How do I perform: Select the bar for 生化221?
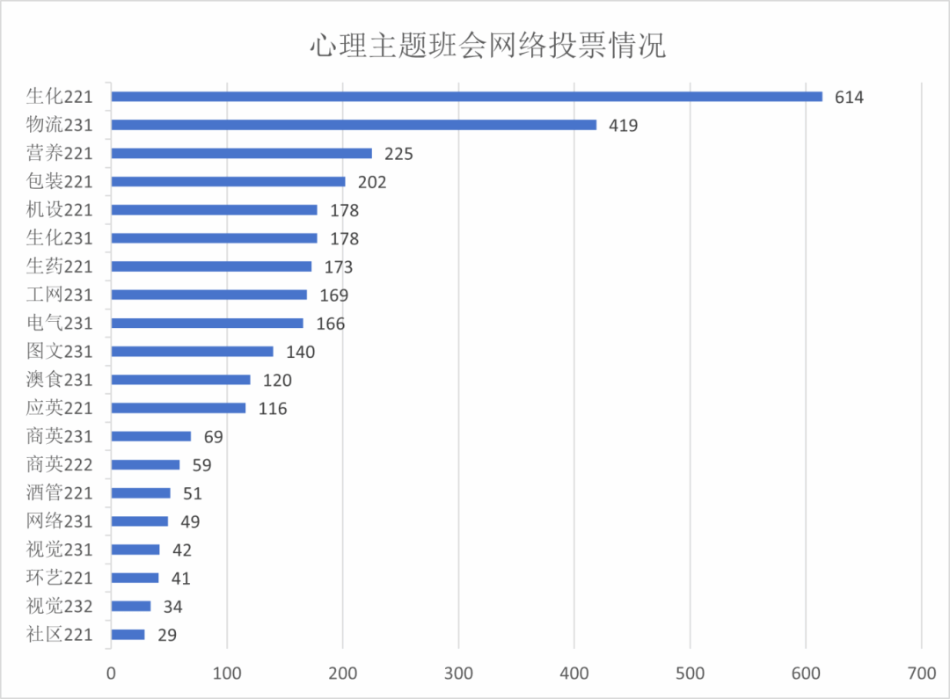pos(466,97)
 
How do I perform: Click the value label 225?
pos(398,154)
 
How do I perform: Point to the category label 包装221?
pos(58,182)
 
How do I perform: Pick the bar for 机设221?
pos(214,210)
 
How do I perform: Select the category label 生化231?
pos(58,238)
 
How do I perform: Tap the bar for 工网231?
pos(209,295)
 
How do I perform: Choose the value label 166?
pos(330,324)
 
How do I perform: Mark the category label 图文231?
pos(58,352)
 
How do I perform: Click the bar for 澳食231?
pos(180,380)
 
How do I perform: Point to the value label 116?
pos(273,408)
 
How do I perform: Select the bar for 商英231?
pos(151,436)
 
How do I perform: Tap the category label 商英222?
pos(58,464)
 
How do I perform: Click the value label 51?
pos(193,493)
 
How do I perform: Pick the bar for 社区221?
pos(128,634)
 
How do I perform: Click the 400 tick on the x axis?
pos(574,674)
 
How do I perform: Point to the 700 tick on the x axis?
pos(921,674)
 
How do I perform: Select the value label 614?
pos(850,98)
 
